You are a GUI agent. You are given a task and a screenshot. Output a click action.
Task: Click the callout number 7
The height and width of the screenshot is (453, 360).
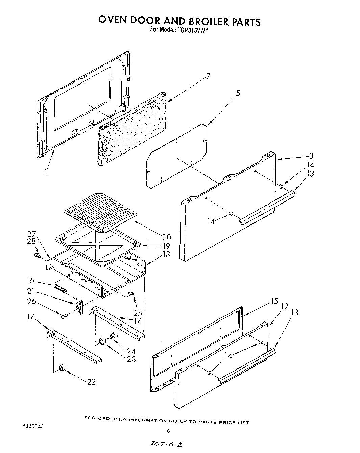208,76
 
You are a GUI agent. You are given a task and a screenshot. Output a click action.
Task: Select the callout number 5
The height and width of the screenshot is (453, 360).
238,94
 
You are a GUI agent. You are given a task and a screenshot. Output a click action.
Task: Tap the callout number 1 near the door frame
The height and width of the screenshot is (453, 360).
45,172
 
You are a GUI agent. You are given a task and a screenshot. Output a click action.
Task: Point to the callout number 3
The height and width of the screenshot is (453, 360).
311,156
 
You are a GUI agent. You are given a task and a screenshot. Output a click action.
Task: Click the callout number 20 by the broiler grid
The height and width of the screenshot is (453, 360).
166,237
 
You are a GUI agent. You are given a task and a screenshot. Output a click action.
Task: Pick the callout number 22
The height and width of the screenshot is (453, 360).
91,382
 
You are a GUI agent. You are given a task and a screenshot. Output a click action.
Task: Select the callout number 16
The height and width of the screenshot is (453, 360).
30,280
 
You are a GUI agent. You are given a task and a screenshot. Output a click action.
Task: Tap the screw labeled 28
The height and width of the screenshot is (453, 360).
37,256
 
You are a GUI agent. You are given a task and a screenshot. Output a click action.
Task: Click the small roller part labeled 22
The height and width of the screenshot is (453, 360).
62,368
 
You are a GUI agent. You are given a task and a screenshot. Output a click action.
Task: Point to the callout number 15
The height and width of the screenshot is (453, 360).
274,301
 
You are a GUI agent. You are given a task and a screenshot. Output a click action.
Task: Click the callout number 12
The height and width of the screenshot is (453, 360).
285,306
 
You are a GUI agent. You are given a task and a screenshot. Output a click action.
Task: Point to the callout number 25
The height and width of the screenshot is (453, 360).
138,313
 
